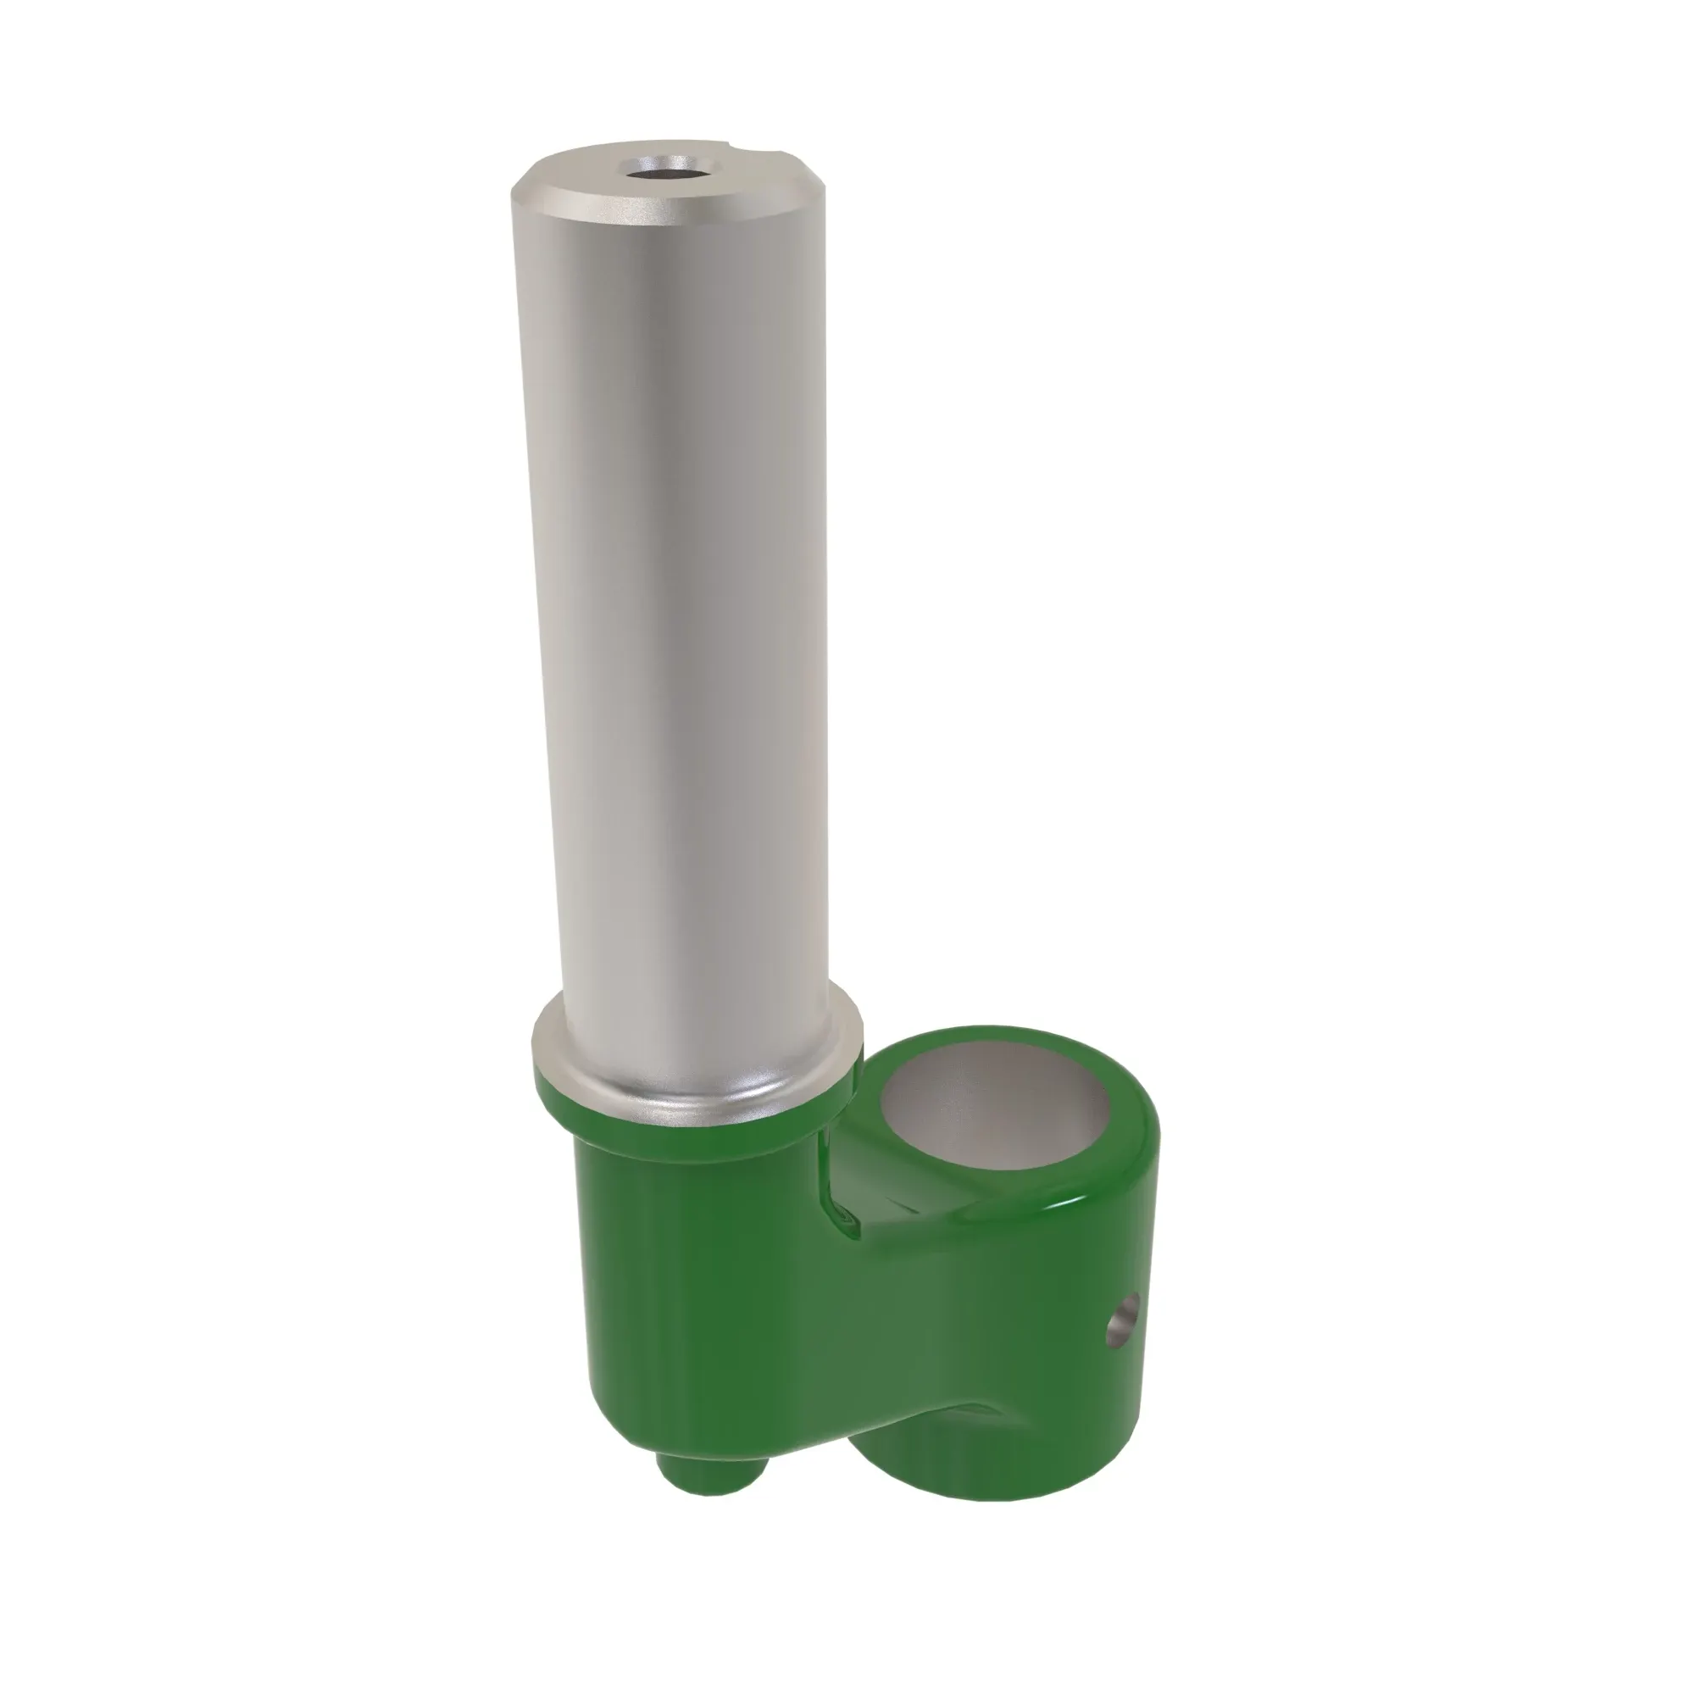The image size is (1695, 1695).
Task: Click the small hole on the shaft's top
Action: (x=659, y=167)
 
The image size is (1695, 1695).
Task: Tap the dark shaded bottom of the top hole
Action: (x=659, y=173)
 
